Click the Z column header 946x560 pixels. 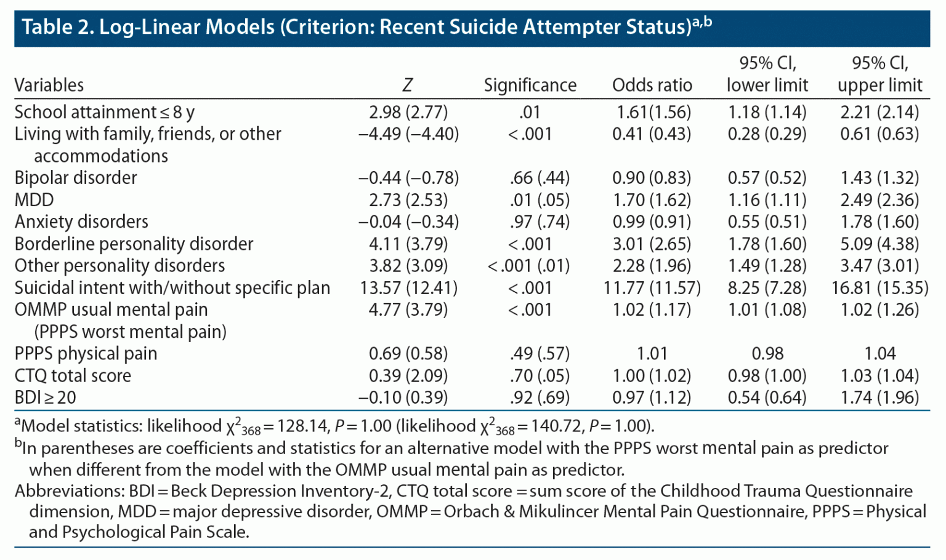tap(407, 85)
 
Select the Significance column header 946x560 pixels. tap(530, 85)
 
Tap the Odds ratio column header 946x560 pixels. tap(652, 85)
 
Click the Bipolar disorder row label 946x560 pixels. tap(76, 178)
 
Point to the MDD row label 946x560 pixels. tap(34, 200)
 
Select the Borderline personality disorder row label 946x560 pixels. tap(134, 244)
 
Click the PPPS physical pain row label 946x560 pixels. tap(86, 353)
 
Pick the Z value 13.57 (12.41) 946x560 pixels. tap(408, 287)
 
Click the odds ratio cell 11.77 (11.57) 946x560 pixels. tap(652, 287)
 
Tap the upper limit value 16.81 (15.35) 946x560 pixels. tap(879, 287)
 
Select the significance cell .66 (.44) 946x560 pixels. tap(540, 178)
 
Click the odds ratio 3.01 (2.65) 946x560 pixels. tap(652, 244)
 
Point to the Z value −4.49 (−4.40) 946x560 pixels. tap(408, 134)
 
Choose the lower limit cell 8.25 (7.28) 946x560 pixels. tap(767, 287)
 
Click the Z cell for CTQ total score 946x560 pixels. tap(408, 375)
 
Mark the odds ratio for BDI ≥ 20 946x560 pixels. tap(652, 398)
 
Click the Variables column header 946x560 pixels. tap(49, 85)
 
